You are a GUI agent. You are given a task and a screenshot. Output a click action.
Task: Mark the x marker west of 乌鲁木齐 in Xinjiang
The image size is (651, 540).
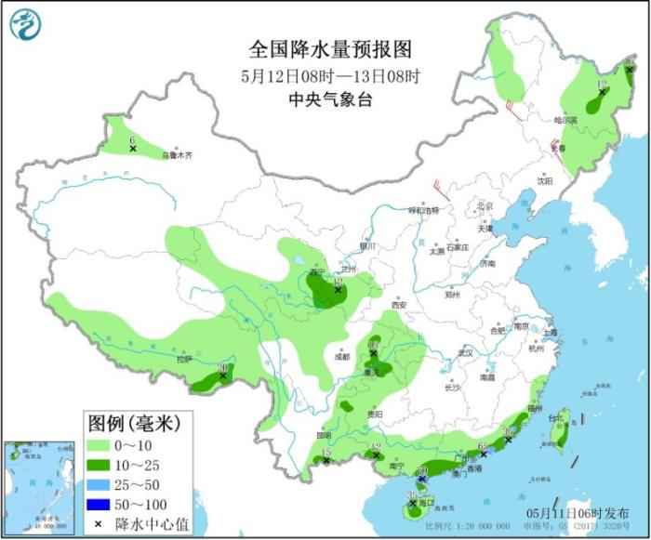point(133,149)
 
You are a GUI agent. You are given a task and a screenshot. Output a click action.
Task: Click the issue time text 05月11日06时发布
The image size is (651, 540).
point(581,514)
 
